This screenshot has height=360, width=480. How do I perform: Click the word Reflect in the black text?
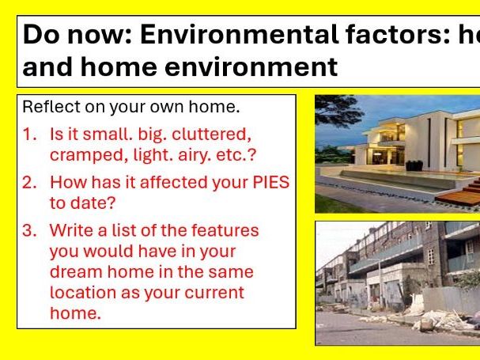point(46,106)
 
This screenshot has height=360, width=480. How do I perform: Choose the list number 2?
point(28,183)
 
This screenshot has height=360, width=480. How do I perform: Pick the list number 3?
point(28,230)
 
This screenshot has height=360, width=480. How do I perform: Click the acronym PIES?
point(268,183)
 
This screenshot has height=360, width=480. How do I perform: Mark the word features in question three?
point(225,230)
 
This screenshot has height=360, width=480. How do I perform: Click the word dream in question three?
point(73,271)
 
